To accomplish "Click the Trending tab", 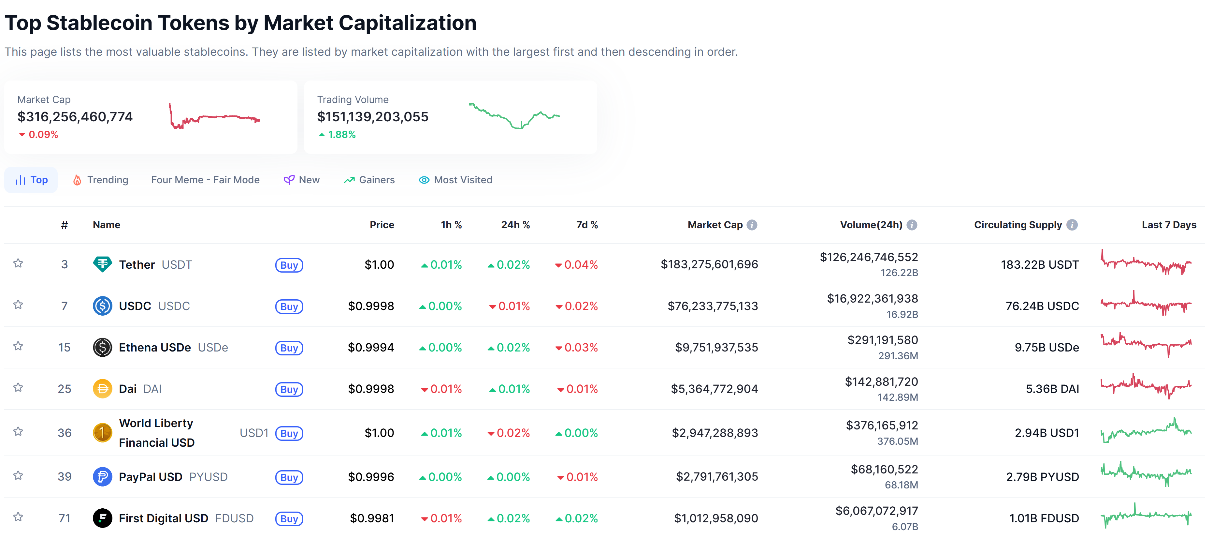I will coord(100,180).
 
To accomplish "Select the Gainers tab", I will coord(369,180).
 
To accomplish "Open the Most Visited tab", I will coord(455,180).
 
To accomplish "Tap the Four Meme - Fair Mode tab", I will coord(205,180).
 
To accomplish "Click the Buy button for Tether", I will coord(289,265).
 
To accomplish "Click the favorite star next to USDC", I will coord(18,305).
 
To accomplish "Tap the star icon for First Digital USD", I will coord(18,517).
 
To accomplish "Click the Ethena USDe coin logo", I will coord(102,347).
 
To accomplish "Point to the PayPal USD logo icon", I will coord(102,476).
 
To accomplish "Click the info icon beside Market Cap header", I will coord(752,225).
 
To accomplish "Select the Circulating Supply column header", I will coord(1018,225).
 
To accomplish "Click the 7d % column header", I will coord(587,225).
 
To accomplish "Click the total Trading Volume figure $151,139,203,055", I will coord(372,117).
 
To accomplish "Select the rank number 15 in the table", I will coord(64,347).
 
